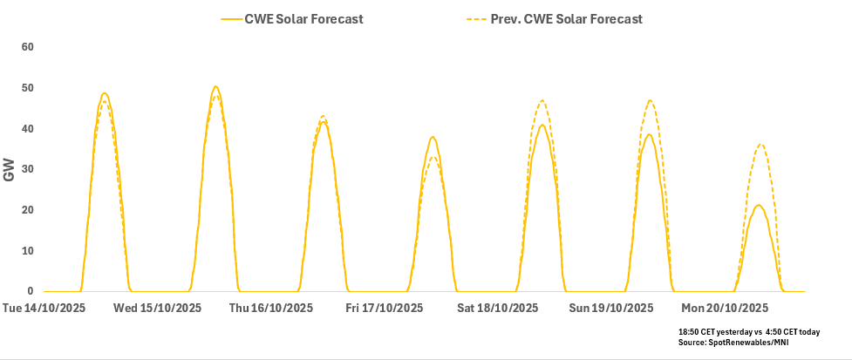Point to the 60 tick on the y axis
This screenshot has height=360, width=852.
click(26, 47)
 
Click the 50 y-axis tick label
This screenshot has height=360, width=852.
click(26, 88)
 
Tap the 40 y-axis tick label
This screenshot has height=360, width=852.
click(26, 129)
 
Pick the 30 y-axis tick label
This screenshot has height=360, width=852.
click(26, 169)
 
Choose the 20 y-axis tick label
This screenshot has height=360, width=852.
click(26, 210)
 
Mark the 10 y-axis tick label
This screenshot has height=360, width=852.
click(26, 251)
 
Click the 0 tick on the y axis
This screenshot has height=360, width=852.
click(30, 292)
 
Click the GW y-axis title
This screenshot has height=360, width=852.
click(10, 170)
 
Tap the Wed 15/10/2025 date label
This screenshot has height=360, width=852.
click(157, 309)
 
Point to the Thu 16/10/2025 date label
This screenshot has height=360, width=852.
click(270, 309)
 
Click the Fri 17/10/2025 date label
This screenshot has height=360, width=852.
click(384, 309)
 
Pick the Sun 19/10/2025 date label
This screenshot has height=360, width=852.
click(610, 309)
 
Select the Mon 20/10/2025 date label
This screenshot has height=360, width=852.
click(725, 309)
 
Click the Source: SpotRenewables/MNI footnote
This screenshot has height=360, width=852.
click(733, 344)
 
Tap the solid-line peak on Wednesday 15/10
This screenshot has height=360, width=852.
click(215, 86)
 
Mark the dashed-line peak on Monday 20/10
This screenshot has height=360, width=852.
click(760, 145)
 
